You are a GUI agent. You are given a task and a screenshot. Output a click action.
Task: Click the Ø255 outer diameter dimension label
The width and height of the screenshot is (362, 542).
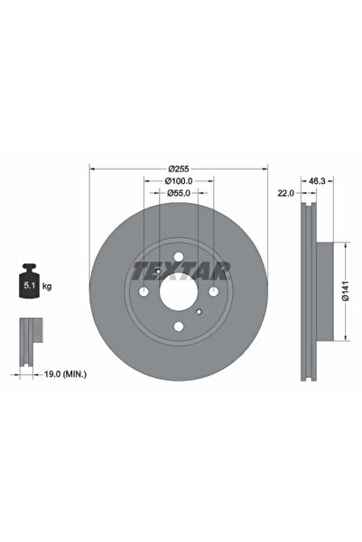tap(179, 168)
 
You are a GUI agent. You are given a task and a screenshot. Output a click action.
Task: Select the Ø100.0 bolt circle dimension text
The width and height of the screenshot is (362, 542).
tap(179, 180)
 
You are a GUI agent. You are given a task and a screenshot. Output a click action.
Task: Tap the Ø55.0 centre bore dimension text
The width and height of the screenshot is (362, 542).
tap(179, 194)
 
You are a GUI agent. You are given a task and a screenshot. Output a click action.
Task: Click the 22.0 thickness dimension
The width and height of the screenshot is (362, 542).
tap(287, 194)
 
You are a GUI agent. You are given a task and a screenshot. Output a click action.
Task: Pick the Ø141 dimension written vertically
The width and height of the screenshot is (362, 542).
tap(346, 291)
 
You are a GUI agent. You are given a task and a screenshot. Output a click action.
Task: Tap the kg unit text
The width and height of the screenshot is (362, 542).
tap(47, 287)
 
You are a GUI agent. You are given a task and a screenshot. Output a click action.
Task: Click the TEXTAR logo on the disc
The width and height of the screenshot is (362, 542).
tap(181, 270)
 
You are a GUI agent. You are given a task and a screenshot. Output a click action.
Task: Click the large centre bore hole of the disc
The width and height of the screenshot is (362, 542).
tap(179, 290)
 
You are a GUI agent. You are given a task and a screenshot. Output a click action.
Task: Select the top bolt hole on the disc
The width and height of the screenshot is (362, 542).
tap(179, 260)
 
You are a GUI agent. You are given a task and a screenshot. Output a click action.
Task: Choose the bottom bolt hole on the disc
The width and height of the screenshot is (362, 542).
tap(179, 323)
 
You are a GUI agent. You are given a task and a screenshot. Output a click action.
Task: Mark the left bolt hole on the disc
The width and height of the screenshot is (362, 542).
tap(145, 291)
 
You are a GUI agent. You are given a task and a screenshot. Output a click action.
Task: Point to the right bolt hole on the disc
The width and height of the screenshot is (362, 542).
tap(212, 291)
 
